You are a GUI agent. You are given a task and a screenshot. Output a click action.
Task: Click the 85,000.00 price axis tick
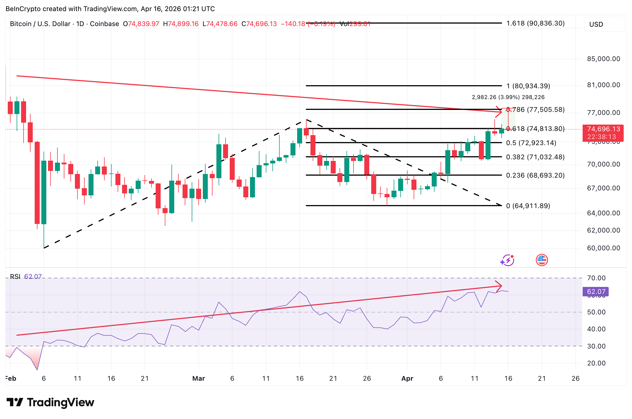(603, 59)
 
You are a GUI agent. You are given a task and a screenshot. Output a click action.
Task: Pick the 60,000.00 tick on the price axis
(603, 248)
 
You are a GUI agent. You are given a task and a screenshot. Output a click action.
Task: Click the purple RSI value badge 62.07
(596, 292)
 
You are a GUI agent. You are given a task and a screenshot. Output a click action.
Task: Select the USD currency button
(604, 24)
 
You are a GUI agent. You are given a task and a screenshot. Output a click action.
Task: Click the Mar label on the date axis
(199, 378)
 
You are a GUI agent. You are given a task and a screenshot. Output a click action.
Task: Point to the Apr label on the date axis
(407, 378)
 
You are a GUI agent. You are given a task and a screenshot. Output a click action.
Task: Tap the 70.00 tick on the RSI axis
(596, 278)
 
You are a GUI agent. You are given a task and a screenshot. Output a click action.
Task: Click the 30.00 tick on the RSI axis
(596, 346)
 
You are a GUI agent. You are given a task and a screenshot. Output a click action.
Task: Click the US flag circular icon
(542, 260)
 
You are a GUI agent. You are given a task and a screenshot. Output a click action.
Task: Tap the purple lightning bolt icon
(508, 260)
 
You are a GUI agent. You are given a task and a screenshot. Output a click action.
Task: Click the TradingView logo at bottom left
(50, 402)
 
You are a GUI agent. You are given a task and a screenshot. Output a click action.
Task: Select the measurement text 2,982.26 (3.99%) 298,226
(508, 97)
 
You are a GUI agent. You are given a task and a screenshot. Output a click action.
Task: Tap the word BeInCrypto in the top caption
(23, 9)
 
